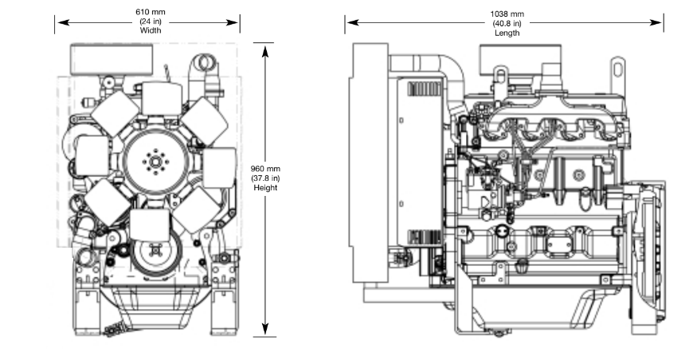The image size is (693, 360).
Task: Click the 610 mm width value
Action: pyautogui.click(x=151, y=12)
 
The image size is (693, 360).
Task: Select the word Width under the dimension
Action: pyautogui.click(x=151, y=30)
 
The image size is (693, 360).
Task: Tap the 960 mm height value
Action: pyautogui.click(x=265, y=169)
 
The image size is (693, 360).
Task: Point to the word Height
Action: pyautogui.click(x=265, y=188)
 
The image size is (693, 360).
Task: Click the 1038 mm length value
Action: pyautogui.click(x=507, y=14)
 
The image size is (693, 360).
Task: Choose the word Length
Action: pyautogui.click(x=507, y=33)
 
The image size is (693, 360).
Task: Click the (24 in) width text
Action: pyautogui.click(x=151, y=22)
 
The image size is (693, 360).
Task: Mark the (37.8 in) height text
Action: pyautogui.click(x=265, y=178)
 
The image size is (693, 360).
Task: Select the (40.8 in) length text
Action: pyautogui.click(x=507, y=23)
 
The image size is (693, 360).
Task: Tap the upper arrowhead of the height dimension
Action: pyautogui.click(x=265, y=51)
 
